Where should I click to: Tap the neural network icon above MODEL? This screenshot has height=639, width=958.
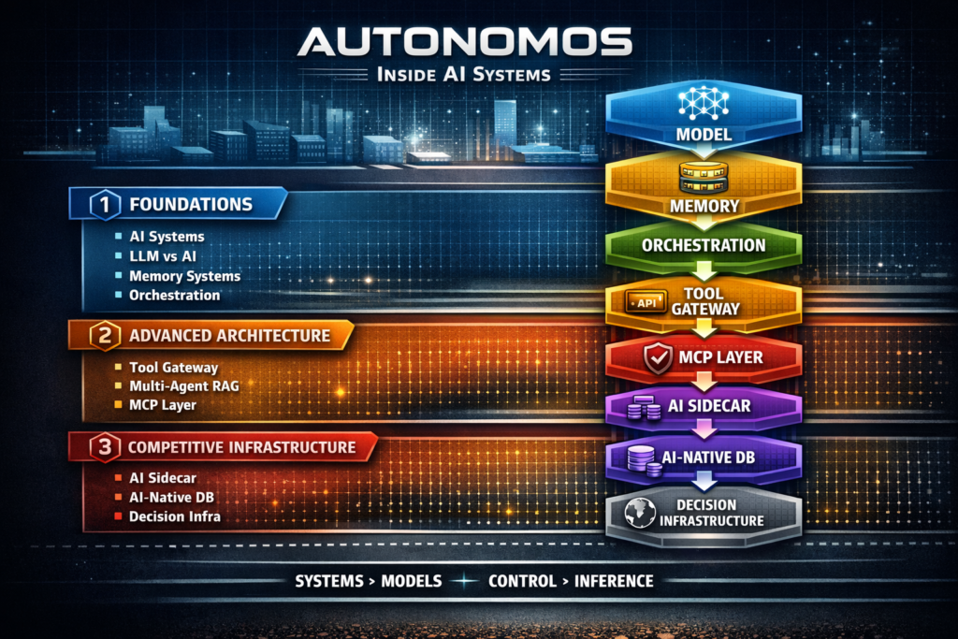pyautogui.click(x=703, y=103)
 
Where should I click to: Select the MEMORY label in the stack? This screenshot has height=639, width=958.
pyautogui.click(x=704, y=205)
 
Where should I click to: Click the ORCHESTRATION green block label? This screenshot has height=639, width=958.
pyautogui.click(x=704, y=246)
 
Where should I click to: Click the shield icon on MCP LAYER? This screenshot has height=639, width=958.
pyautogui.click(x=659, y=357)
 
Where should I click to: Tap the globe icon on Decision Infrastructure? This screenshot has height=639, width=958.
pyautogui.click(x=639, y=513)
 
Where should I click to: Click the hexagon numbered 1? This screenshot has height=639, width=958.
pyautogui.click(x=104, y=204)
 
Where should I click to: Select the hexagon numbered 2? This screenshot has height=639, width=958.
pyautogui.click(x=103, y=336)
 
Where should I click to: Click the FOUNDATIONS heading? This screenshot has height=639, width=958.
pyautogui.click(x=191, y=204)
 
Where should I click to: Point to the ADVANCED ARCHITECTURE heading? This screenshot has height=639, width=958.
pyautogui.click(x=229, y=336)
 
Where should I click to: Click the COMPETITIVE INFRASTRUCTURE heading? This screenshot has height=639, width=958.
pyautogui.click(x=242, y=447)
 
